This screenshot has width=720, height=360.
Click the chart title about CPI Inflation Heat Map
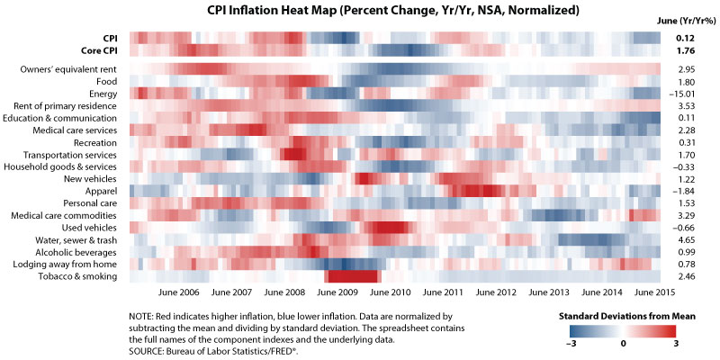[359, 10]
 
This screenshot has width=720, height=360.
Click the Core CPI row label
[98, 50]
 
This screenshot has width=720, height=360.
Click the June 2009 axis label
[338, 293]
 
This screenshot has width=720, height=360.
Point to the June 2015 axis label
[654, 293]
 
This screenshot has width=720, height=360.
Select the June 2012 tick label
[496, 293]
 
